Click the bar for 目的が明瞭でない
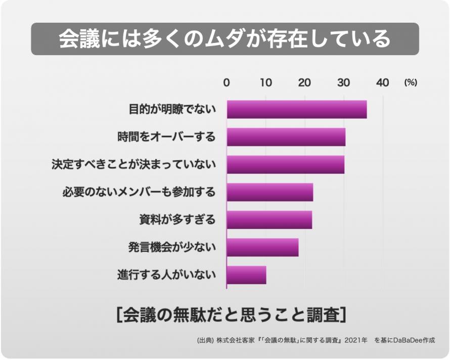click(x=297, y=109)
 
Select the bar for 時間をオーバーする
click(x=286, y=137)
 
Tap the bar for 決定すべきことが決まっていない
click(x=286, y=165)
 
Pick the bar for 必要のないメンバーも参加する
click(x=270, y=192)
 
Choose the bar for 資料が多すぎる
click(x=269, y=220)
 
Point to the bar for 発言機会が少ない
click(x=262, y=247)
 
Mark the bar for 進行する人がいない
click(x=246, y=275)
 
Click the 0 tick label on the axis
click(x=227, y=83)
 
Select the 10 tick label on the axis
click(x=265, y=83)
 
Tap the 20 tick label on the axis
click(x=304, y=83)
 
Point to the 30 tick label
click(x=343, y=83)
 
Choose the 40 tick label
click(x=383, y=83)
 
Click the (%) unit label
click(x=410, y=83)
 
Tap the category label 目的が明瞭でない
click(x=172, y=109)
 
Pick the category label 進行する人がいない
click(x=167, y=275)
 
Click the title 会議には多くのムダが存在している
click(x=225, y=39)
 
